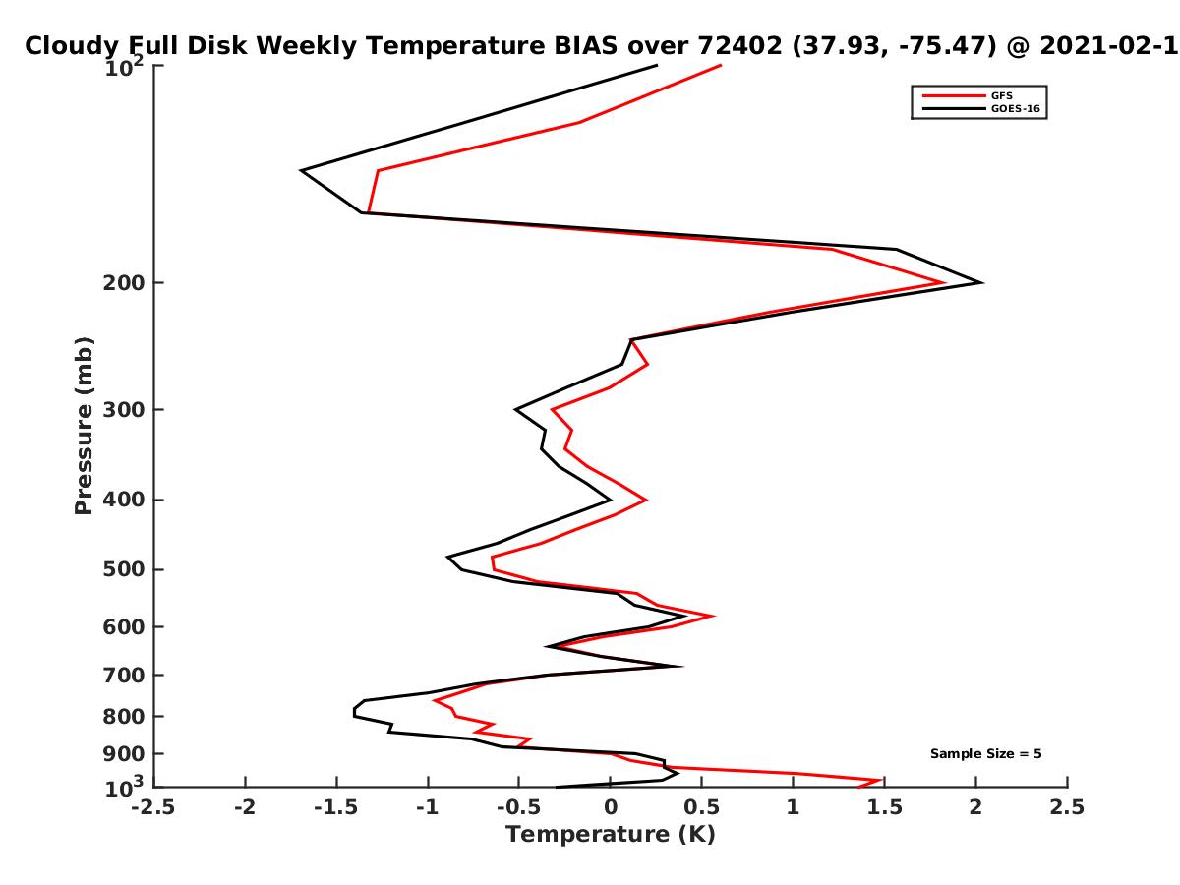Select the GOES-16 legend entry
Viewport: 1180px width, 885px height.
980,108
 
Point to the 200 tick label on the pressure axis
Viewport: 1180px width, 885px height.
124,282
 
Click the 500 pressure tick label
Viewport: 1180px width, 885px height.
124,569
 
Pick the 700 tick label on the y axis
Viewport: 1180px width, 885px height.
124,675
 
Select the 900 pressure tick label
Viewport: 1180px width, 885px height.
124,754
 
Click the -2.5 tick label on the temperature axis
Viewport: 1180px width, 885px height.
153,807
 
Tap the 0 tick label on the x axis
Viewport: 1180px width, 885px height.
611,807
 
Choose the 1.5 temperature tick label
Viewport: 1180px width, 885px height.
884,807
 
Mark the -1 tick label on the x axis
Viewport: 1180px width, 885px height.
428,807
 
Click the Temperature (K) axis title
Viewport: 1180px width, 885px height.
611,835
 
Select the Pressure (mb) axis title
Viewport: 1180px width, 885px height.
84,426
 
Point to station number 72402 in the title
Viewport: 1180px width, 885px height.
740,45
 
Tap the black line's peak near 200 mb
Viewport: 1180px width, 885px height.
982,282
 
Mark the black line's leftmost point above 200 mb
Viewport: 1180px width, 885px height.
301,171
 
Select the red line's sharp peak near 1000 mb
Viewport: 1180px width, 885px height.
881,780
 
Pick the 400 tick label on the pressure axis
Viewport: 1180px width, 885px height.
124,500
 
